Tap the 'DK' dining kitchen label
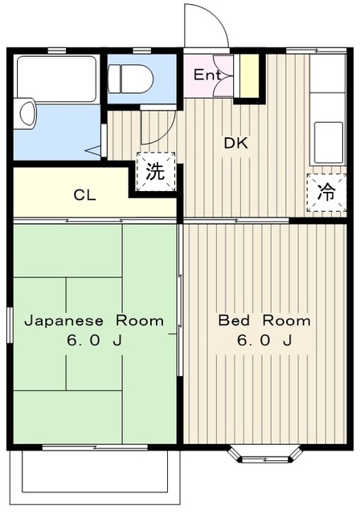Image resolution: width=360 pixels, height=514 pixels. tap(235, 144)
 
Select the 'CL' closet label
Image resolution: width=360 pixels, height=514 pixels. tap(83, 194)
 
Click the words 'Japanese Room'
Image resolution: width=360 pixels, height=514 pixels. tap(94, 320)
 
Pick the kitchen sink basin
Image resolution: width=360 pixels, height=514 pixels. tap(327, 142)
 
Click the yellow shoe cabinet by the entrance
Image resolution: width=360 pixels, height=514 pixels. tap(249, 75)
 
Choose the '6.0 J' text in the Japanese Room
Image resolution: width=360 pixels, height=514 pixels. tap(94, 341)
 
